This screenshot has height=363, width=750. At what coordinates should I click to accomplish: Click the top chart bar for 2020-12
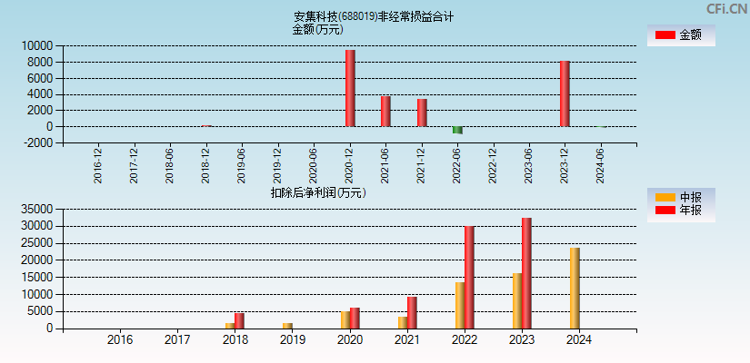coord(350,88)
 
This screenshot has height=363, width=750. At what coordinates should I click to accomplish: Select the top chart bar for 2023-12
coord(565,93)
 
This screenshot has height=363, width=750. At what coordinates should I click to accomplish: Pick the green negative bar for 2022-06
coord(457,130)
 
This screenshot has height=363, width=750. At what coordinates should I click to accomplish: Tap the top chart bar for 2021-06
coord(385,111)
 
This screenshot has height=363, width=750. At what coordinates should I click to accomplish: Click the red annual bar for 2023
coord(526,273)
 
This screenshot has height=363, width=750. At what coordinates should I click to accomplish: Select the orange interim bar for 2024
coord(575,289)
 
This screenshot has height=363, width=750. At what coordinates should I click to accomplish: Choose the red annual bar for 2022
coord(469,277)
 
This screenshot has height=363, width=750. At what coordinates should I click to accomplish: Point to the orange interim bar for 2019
coord(287,326)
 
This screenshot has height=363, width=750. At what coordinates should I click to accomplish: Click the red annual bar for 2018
coord(239,321)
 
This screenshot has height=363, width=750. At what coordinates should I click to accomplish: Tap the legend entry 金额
coord(681,34)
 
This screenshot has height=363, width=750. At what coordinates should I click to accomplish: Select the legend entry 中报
coord(681,197)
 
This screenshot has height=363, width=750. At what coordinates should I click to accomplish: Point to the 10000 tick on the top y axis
coord(37,45)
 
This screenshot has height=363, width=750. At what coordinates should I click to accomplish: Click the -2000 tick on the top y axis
coord(37,142)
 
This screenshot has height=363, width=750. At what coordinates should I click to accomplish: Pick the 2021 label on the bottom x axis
coord(407,340)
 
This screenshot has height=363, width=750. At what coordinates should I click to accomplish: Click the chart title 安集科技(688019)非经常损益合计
coord(374,16)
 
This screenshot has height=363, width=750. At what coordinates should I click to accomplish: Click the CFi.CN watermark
coord(726,8)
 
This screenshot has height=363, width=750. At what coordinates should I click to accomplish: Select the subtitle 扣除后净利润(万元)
coord(317,192)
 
